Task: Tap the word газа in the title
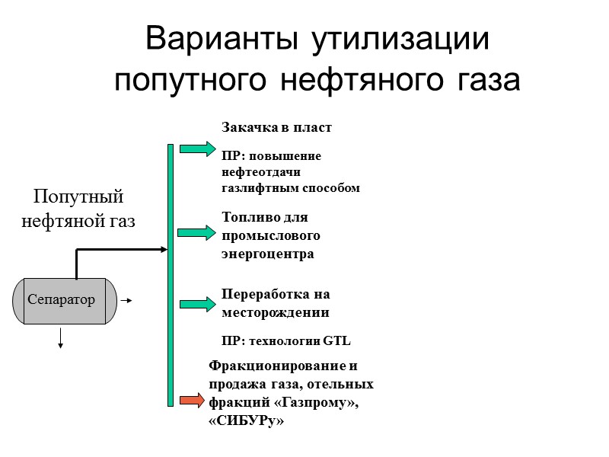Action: pyautogui.click(x=483, y=80)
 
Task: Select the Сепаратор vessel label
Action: pyautogui.click(x=62, y=299)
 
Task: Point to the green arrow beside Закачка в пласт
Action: pyautogui.click(x=198, y=149)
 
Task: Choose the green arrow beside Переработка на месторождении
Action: pyautogui.click(x=198, y=304)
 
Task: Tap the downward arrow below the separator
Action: pyautogui.click(x=60, y=339)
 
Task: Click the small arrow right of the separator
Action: pyautogui.click(x=127, y=300)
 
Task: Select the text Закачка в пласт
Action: pyautogui.click(x=276, y=127)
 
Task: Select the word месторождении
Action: pyautogui.click(x=275, y=312)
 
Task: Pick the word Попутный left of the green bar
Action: pyautogui.click(x=78, y=197)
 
